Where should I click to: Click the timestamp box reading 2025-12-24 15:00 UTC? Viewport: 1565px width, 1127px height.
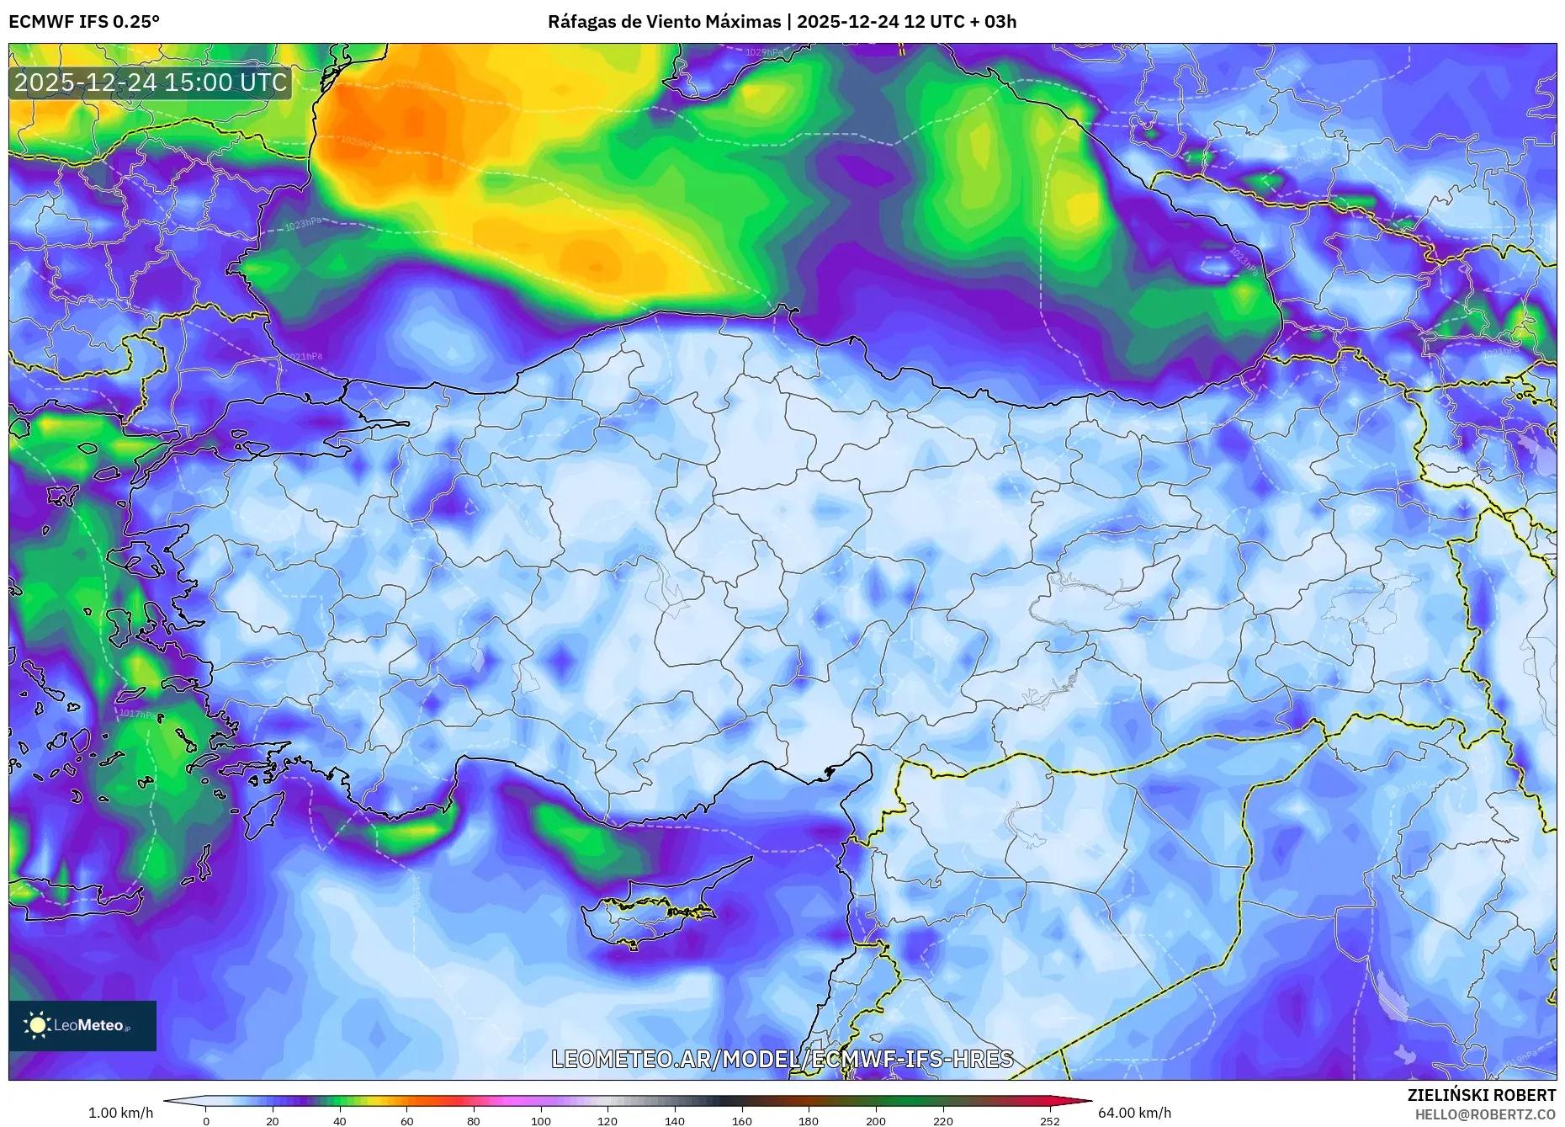tap(151, 82)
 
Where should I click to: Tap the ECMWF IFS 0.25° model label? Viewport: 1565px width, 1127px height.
tap(84, 22)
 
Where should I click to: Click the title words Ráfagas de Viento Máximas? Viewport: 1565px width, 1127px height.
tap(664, 22)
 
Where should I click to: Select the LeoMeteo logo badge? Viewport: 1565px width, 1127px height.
tap(82, 1025)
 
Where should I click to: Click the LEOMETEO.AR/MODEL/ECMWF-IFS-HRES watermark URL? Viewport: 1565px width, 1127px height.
tap(782, 1059)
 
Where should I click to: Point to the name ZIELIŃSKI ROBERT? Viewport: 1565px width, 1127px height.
tap(1481, 1095)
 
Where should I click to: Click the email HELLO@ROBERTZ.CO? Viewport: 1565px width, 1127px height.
tap(1485, 1114)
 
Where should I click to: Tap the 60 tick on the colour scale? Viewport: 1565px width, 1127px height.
tap(407, 1121)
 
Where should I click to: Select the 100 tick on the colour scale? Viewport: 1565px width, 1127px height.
tap(541, 1121)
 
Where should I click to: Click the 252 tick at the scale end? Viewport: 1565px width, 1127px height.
tap(1049, 1121)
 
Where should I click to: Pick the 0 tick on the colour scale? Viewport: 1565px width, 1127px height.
tap(206, 1121)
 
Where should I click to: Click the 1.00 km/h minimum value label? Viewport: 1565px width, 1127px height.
tap(120, 1113)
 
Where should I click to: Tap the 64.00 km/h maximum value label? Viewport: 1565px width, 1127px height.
tap(1134, 1113)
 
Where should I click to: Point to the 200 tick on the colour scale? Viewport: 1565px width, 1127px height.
tap(876, 1121)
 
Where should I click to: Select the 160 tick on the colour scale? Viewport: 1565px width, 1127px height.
tap(742, 1121)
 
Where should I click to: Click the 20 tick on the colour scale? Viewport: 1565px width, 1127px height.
tap(273, 1121)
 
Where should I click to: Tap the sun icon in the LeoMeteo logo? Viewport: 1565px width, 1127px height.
tap(38, 1025)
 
